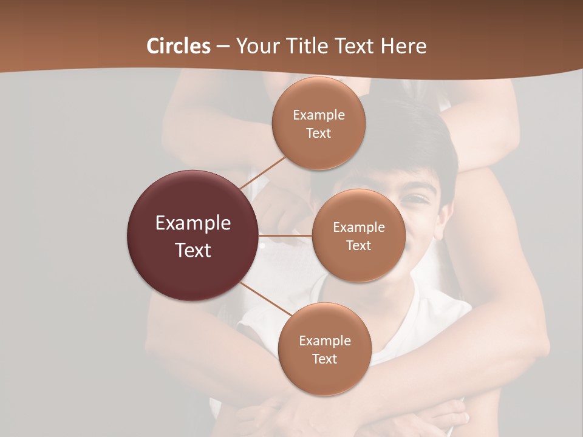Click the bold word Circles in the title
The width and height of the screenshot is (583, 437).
pos(179,46)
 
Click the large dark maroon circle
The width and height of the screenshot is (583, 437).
pos(193,235)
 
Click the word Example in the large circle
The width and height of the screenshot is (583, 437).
pos(193,223)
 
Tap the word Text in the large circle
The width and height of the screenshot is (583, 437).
pos(193,250)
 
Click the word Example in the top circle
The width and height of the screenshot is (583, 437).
pos(318,115)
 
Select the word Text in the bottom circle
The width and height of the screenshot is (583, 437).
pos(324,359)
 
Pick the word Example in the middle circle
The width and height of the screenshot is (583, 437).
pos(358,227)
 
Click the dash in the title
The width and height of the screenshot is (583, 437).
pos(223,47)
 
